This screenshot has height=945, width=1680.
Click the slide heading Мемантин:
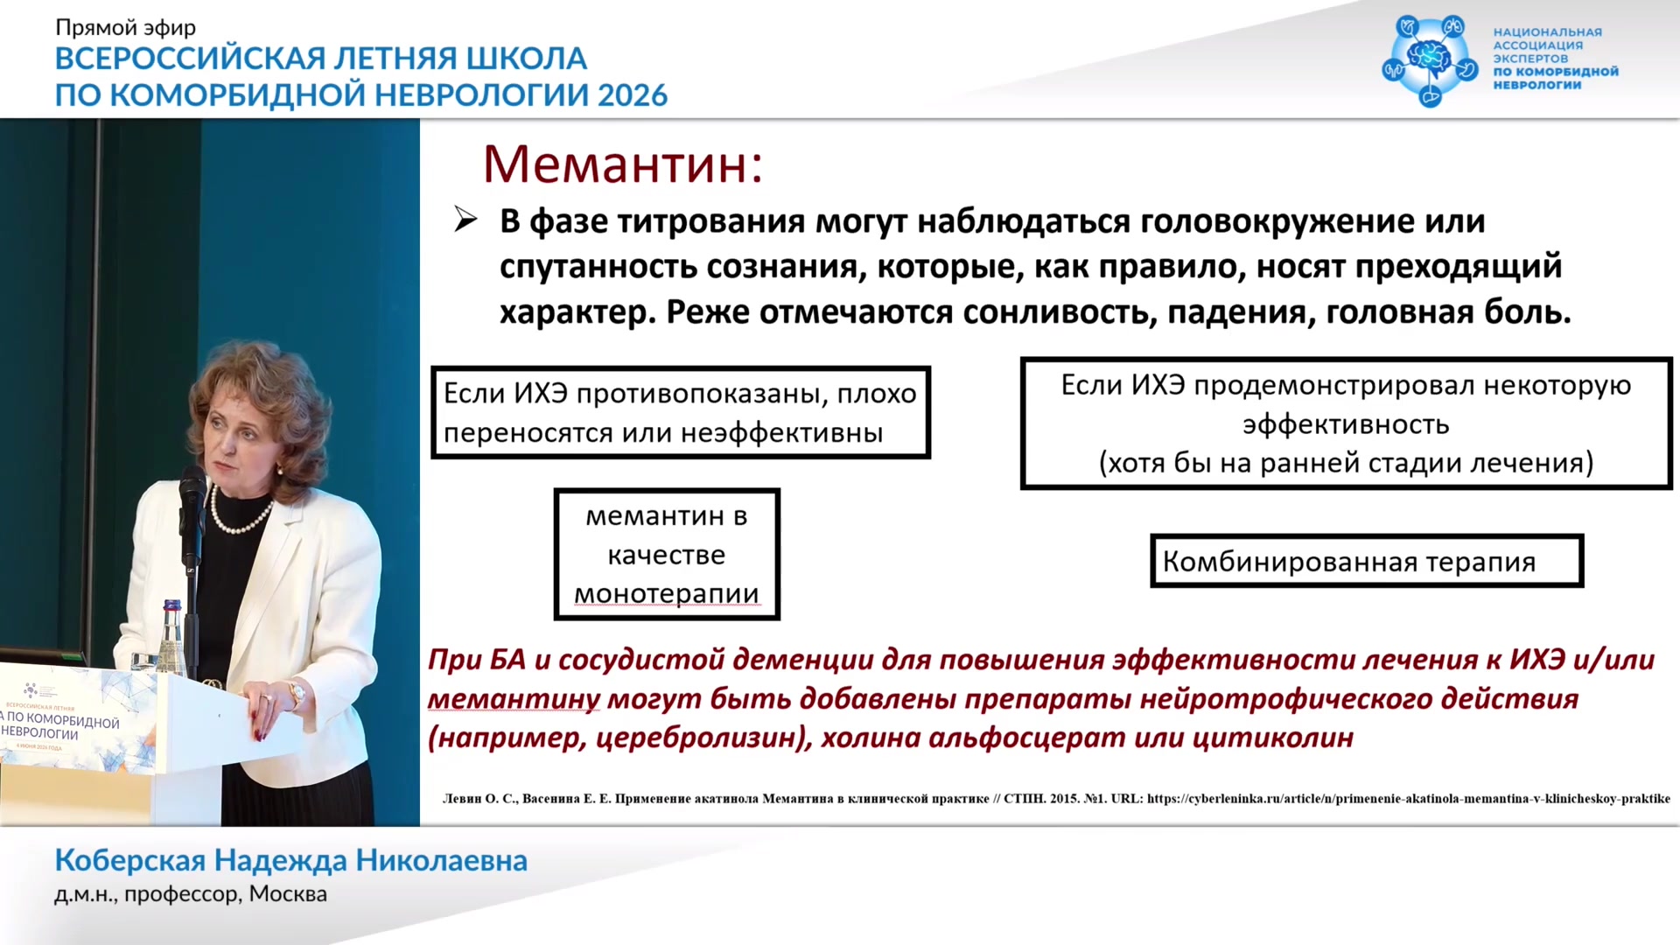(x=623, y=164)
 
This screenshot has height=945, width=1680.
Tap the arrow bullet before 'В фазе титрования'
(x=465, y=220)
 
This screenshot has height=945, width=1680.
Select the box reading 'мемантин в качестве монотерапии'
(x=667, y=554)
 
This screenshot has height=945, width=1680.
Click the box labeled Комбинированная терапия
(x=1367, y=561)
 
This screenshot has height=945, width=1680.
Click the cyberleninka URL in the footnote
(x=1408, y=799)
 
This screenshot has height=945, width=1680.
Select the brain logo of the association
(x=1430, y=59)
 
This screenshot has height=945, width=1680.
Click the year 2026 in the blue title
(x=633, y=94)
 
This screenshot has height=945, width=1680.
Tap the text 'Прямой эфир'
(x=126, y=28)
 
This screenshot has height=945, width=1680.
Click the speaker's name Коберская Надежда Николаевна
(x=291, y=860)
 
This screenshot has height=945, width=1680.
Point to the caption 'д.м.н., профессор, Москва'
(x=191, y=894)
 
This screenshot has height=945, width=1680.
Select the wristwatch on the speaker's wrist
(x=297, y=694)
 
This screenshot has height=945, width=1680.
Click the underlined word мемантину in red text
(x=514, y=700)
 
